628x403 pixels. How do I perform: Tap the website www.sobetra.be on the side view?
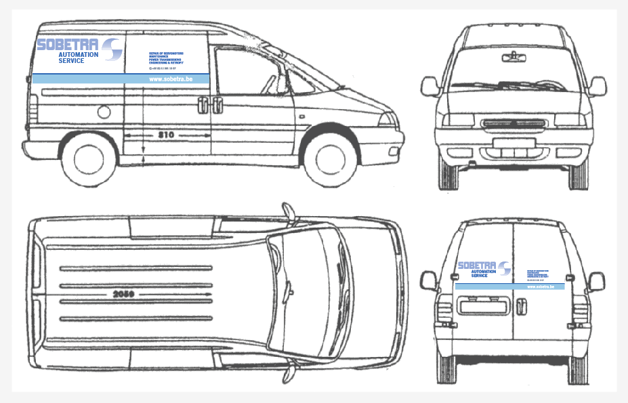pyautogui.click(x=169, y=79)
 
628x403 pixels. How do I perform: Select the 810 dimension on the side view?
pyautogui.click(x=166, y=135)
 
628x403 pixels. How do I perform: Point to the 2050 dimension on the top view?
pyautogui.click(x=124, y=295)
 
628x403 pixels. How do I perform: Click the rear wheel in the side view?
pyautogui.click(x=89, y=161)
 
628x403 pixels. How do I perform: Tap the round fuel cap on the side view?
pyautogui.click(x=104, y=112)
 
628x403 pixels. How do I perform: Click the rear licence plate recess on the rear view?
pyautogui.click(x=482, y=307)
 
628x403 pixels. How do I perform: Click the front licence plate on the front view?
pyautogui.click(x=513, y=143)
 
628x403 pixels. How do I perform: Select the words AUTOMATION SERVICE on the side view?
pyautogui.click(x=78, y=58)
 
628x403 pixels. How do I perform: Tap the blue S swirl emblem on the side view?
pyautogui.click(x=111, y=49)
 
